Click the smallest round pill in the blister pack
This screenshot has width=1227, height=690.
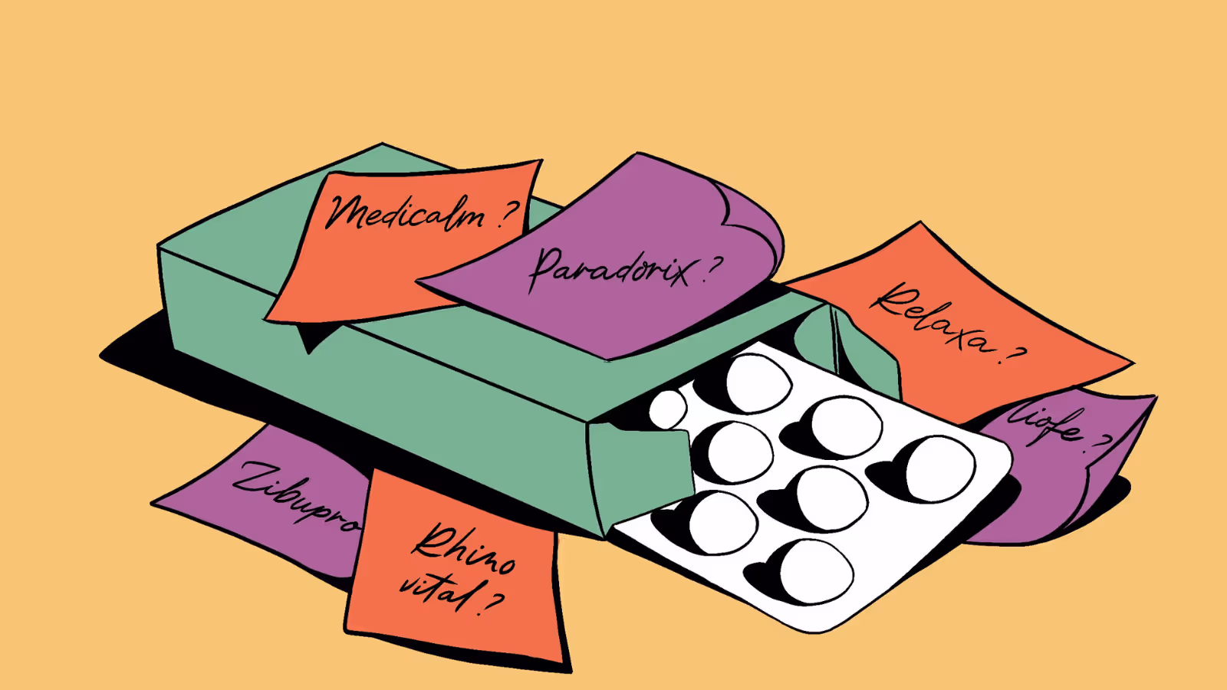click(668, 409)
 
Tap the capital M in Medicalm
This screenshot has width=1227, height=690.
click(345, 211)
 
